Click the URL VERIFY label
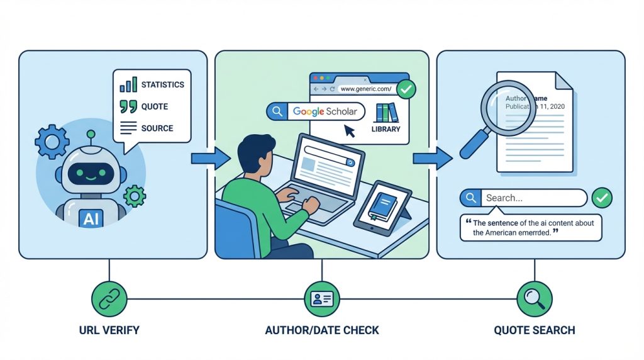109,330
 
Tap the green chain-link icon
109,298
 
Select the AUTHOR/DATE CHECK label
321,330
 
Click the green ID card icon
321,298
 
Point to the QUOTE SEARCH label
535,330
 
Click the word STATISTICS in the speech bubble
162,85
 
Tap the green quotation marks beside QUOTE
128,106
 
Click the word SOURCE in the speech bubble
157,128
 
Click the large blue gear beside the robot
52,141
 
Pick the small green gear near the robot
135,196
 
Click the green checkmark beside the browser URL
406,89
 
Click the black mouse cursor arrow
349,130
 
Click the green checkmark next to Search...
602,198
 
